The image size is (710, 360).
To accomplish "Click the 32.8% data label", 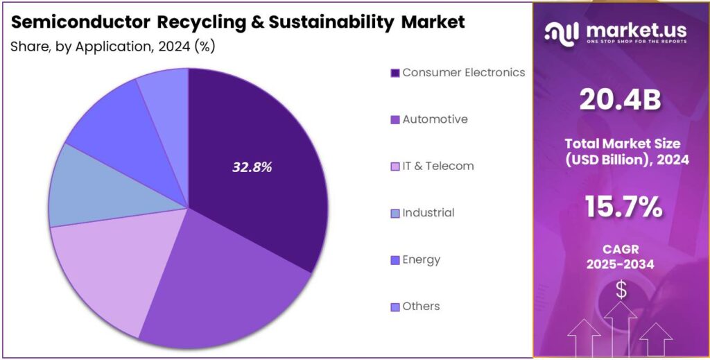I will [251, 167].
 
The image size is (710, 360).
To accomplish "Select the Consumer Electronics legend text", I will [463, 73].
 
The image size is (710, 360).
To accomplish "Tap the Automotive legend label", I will [435, 119].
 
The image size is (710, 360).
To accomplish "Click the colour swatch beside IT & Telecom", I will [395, 166].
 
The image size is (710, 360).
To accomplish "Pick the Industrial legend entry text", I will [428, 213].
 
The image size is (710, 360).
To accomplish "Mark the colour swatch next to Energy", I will [395, 260].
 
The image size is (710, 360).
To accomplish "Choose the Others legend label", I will [421, 307].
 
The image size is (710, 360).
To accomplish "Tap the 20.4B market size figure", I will [621, 102].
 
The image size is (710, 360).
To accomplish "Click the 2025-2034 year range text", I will [621, 264].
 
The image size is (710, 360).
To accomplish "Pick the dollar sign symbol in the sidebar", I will [621, 290].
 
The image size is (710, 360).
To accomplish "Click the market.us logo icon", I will [561, 31].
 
